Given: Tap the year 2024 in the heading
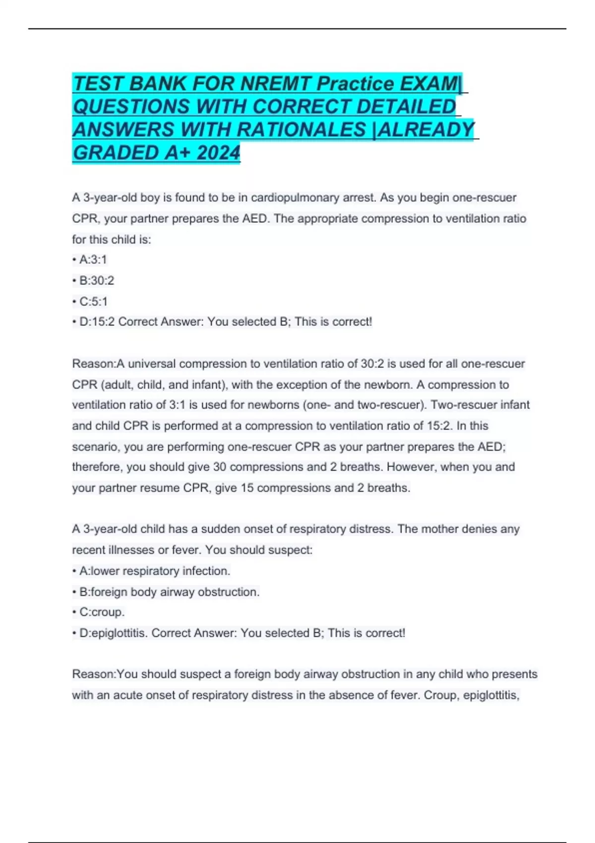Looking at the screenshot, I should [218, 152].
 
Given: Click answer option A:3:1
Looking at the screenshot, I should [93, 259].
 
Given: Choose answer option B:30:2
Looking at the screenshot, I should [96, 280].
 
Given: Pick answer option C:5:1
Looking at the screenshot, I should [93, 301].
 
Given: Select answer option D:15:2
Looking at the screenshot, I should [97, 321].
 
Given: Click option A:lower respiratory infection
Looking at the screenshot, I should [154, 571].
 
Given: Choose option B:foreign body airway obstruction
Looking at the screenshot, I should [169, 592].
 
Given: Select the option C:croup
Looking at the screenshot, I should [102, 612].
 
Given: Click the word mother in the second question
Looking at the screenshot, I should [439, 529].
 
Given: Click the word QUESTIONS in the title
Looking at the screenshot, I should [131, 106].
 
